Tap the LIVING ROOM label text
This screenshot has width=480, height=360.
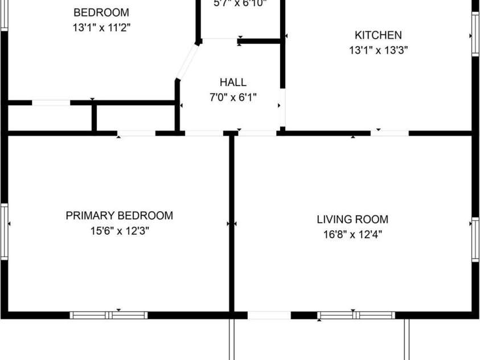352,219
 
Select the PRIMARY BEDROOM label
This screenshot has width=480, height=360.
119,215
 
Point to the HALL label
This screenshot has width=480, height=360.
233,83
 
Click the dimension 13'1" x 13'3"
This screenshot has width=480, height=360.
378,50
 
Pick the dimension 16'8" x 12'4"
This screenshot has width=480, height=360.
352,234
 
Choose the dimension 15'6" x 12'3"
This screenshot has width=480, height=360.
119,231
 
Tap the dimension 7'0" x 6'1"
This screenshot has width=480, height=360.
233,97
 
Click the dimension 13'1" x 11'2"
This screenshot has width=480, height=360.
101,27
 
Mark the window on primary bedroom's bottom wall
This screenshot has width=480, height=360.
109,315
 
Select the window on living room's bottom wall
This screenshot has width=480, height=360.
356,315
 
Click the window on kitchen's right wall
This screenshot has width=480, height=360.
475,35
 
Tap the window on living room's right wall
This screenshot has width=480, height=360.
475,239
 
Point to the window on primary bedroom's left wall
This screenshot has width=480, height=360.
5,232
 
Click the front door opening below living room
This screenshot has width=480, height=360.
269,315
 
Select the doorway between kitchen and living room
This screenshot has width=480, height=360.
390,133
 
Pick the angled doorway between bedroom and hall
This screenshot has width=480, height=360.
187,62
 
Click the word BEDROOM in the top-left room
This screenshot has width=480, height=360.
101,13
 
